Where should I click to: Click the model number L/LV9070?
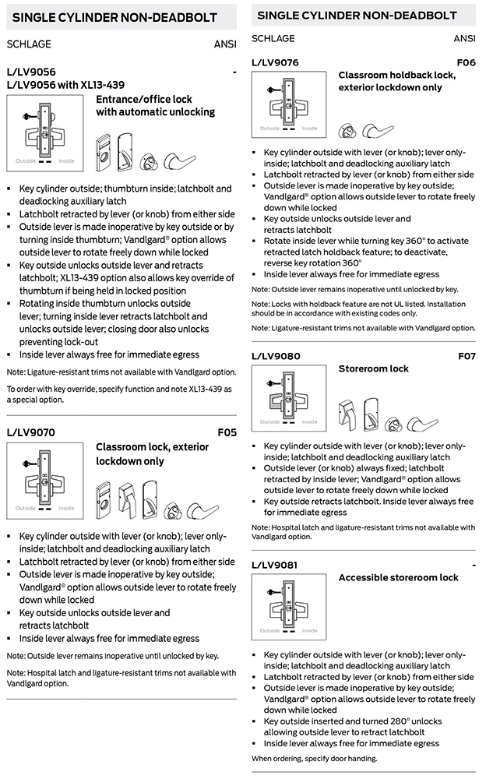[30, 431]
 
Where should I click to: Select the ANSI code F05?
[227, 431]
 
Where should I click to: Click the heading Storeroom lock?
[373, 368]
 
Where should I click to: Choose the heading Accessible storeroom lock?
[398, 577]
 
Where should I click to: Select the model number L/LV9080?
[276, 356]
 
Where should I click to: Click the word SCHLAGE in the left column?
[29, 44]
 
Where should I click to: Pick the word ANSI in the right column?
[464, 38]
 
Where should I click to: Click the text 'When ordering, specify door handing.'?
[313, 758]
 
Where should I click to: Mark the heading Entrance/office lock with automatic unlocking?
[155, 106]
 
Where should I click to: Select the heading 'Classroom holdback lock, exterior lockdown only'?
[397, 81]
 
